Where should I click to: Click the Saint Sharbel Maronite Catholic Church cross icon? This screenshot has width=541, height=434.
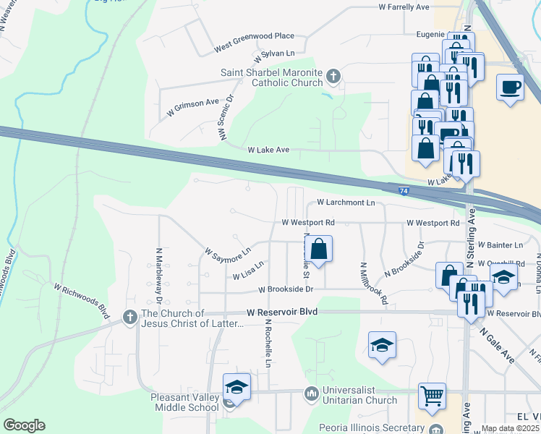pyautogui.click(x=333, y=75)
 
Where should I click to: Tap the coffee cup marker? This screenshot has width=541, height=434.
pyautogui.click(x=511, y=88)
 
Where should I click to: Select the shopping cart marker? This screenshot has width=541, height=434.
pyautogui.click(x=433, y=396)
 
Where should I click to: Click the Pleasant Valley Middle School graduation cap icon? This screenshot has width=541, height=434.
pyautogui.click(x=237, y=386)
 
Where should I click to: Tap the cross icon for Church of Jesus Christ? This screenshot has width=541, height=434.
pyautogui.click(x=129, y=316)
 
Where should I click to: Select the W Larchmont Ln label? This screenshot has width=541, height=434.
pyautogui.click(x=346, y=203)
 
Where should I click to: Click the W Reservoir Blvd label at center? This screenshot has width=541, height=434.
pyautogui.click(x=282, y=312)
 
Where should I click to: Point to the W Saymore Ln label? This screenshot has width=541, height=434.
pyautogui.click(x=227, y=252)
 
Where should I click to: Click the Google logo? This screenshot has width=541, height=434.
pyautogui.click(x=24, y=425)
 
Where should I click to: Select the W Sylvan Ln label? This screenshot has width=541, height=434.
pyautogui.click(x=274, y=54)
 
